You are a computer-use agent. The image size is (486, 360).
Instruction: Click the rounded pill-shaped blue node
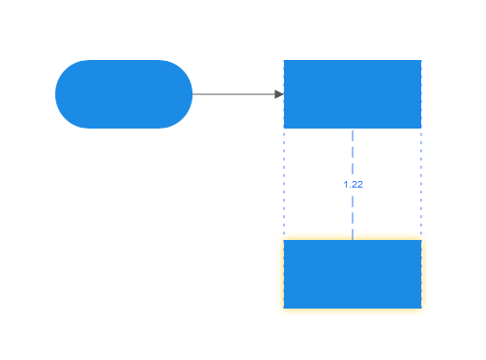pos(124,94)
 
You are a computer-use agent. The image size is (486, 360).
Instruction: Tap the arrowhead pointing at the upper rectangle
pos(279,94)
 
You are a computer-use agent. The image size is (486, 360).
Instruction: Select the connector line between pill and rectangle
pos(233,94)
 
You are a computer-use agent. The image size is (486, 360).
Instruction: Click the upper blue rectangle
pos(353,94)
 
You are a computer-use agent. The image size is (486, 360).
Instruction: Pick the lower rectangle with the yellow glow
pos(353,274)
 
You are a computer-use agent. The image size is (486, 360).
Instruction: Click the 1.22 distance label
pos(353,184)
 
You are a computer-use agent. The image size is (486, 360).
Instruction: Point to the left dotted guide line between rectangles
pos(284,184)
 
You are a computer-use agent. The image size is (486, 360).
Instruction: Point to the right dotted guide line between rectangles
pos(421,184)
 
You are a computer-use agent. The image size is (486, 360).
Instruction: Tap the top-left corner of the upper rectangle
pos(284,61)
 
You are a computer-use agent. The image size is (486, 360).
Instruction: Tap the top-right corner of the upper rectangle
pos(421,61)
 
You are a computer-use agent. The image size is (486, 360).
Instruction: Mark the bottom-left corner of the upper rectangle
pos(284,128)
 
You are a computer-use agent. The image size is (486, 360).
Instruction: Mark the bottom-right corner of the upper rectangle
pos(421,128)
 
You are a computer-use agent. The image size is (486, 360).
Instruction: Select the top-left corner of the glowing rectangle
pos(284,240)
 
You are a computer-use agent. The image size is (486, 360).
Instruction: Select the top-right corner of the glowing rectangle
pos(421,240)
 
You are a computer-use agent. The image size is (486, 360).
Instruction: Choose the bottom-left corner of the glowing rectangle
pos(284,308)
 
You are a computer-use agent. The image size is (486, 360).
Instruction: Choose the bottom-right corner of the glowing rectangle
pos(421,308)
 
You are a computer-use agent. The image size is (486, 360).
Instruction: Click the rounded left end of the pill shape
pos(59,94)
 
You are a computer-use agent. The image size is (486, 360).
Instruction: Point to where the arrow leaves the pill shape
pos(192,94)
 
